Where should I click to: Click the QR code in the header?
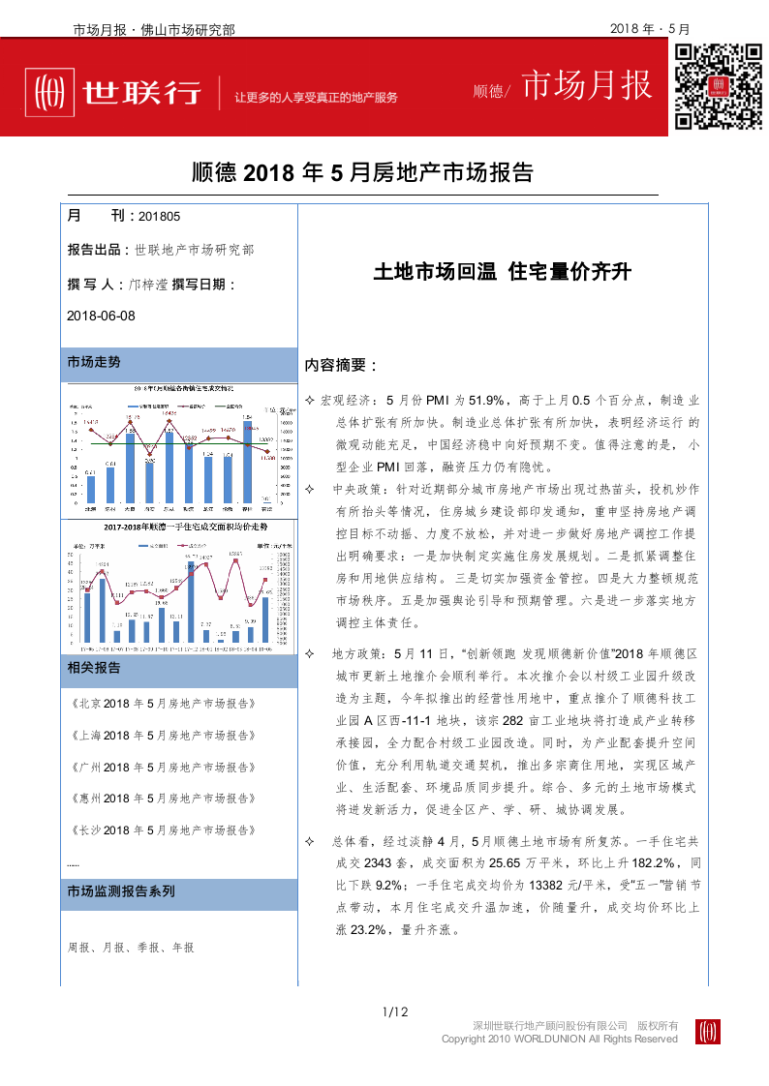(x=717, y=86)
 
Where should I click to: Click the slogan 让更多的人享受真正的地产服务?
(x=316, y=98)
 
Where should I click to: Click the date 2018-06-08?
(x=101, y=316)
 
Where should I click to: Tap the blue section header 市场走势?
(x=94, y=362)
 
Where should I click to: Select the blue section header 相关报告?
(x=94, y=668)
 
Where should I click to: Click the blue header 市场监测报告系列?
(x=121, y=891)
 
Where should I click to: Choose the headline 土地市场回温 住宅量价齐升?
(x=502, y=273)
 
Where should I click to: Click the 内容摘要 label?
(x=340, y=366)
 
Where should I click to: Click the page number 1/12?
(x=396, y=1012)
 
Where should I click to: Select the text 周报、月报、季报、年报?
(x=131, y=948)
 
